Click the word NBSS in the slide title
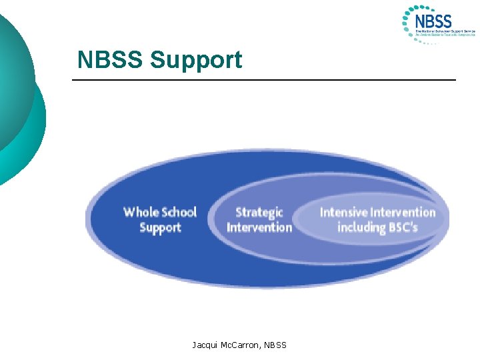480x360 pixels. pos(111,60)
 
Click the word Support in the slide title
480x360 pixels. pos(196,60)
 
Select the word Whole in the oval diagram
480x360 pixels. pos(141,212)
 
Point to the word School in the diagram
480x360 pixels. pos(179,212)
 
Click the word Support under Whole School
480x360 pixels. pos(160,227)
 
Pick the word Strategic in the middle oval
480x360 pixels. pos(259,212)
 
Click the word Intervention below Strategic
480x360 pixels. pos(259,227)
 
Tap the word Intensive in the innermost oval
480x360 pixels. pos(346,213)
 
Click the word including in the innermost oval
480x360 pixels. pos(362,227)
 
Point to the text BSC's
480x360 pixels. pos(404,227)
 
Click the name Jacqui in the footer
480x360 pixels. pos(204,345)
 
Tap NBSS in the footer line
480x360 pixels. pos(275,345)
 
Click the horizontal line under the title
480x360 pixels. pos(264,80)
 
